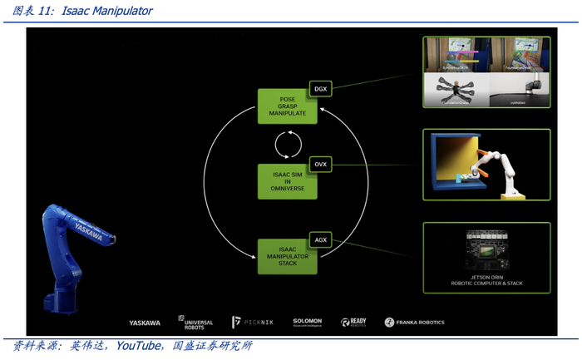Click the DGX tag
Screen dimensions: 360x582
coord(321,88)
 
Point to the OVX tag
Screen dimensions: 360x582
coord(321,164)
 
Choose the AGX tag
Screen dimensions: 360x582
coord(321,239)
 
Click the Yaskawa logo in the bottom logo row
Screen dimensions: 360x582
coord(145,323)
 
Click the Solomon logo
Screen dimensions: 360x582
coord(307,322)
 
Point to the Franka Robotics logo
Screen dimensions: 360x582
coord(414,322)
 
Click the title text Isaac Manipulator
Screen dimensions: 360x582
coord(107,12)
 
